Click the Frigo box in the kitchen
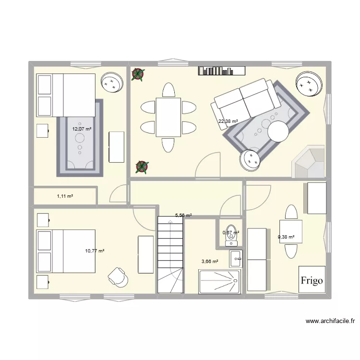312,279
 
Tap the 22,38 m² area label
228,121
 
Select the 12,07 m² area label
82,129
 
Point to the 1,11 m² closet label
65,196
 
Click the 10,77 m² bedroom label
95,251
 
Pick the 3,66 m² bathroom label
210,261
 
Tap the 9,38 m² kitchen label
286,237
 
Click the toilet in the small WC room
231,235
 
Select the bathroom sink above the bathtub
236,259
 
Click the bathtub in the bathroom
219,282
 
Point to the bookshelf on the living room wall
222,71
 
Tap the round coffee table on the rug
278,132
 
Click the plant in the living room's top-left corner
138,74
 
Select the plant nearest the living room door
142,167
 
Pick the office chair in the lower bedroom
118,277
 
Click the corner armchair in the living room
308,161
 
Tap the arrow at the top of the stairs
170,222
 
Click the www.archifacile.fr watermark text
330,321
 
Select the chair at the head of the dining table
169,90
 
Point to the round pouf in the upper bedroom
112,83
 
